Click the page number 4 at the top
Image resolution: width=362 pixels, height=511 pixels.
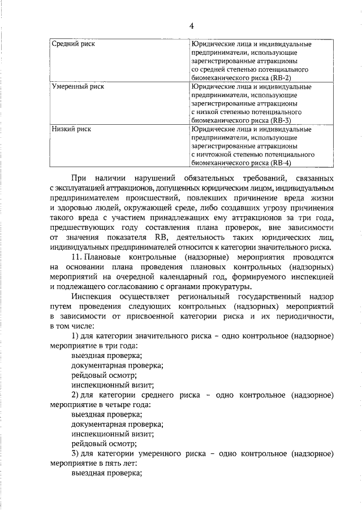[191, 26]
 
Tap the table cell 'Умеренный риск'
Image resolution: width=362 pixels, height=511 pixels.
[77, 87]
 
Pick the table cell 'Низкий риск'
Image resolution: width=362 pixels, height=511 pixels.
[71, 129]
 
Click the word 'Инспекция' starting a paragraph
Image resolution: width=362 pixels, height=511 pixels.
[92, 297]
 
